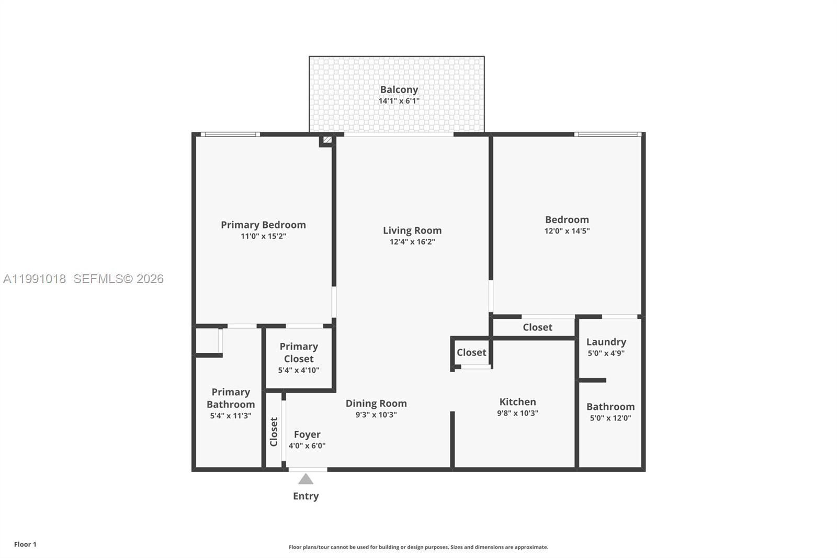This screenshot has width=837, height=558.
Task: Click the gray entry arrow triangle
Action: click(306, 479)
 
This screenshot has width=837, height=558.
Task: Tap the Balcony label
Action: click(399, 90)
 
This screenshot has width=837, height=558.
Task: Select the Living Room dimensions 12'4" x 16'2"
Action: click(412, 242)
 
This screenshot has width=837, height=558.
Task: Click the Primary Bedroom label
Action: click(263, 225)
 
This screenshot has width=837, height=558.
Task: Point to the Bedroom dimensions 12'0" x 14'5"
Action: click(567, 231)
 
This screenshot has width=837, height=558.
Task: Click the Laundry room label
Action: click(606, 342)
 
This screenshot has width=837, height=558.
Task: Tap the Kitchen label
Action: click(517, 401)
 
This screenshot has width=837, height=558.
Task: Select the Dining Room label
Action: click(376, 403)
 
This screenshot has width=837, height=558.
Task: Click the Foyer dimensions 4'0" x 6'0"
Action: click(307, 446)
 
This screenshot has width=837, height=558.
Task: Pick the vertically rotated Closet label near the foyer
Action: click(274, 431)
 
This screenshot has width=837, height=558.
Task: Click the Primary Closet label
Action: click(298, 352)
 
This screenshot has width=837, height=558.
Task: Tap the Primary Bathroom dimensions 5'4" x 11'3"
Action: click(230, 416)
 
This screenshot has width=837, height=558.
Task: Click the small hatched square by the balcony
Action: click(327, 140)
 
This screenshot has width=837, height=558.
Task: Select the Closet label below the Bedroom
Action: click(537, 327)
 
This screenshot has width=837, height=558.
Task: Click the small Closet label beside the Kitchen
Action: click(471, 352)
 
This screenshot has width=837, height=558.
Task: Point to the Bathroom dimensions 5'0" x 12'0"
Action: click(610, 418)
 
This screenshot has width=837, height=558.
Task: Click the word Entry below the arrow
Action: click(306, 496)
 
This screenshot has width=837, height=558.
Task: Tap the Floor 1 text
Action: click(25, 544)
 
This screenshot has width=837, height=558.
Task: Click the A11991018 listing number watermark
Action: click(35, 279)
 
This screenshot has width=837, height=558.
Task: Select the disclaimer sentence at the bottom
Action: click(418, 547)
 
